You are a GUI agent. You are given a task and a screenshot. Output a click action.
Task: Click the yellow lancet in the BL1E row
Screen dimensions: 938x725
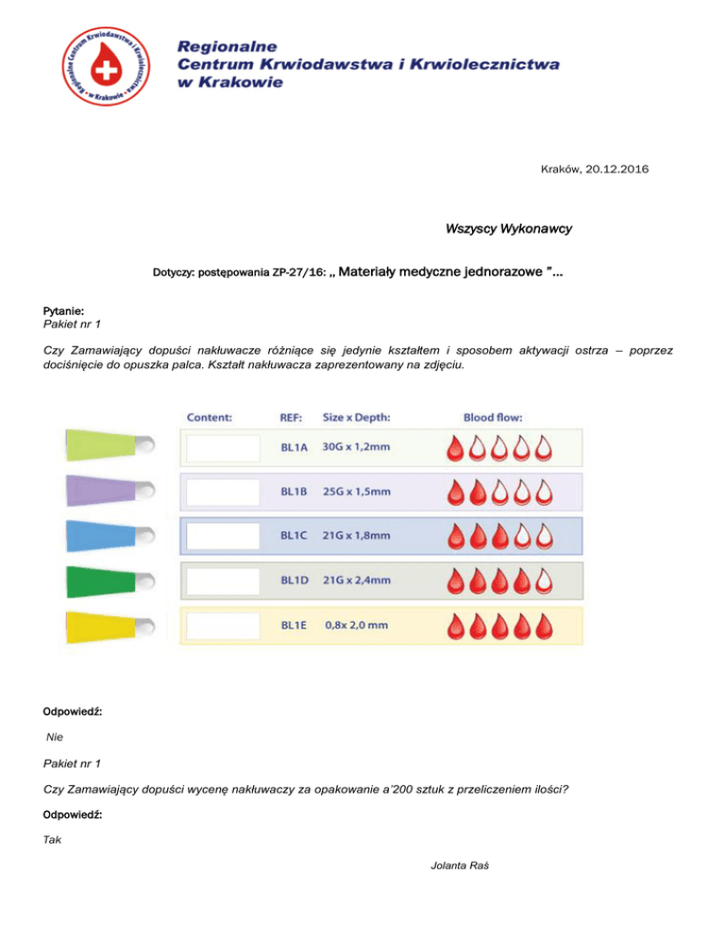tap(104, 624)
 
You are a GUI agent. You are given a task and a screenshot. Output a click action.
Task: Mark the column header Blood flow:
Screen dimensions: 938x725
tap(493, 416)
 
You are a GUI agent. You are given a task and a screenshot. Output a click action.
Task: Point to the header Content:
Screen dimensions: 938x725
tap(210, 416)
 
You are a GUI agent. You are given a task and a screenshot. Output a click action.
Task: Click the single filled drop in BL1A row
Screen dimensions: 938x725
tap(456, 448)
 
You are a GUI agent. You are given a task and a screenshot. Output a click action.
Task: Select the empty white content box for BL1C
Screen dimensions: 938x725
tap(222, 536)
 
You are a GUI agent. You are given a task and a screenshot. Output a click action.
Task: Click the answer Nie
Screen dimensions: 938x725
tap(58, 735)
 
